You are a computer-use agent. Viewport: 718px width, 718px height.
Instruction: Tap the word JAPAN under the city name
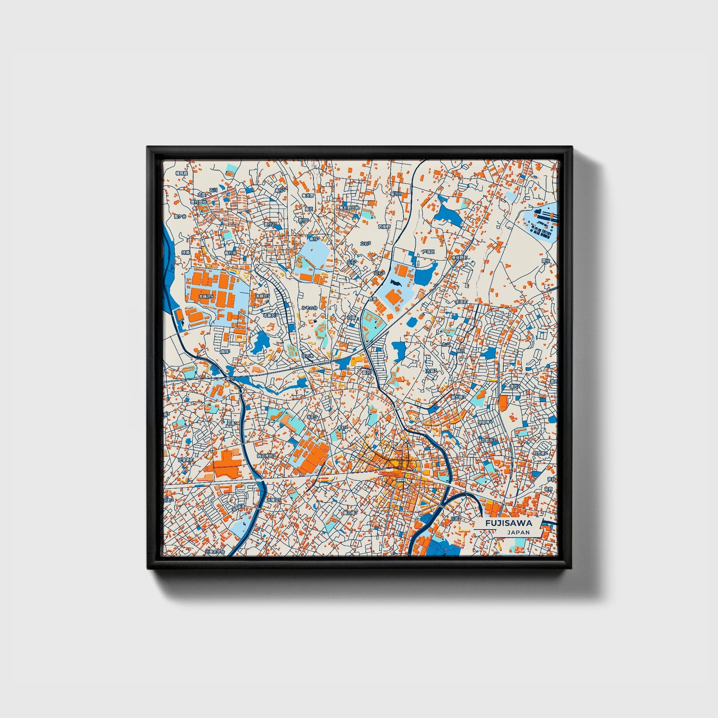tap(518, 532)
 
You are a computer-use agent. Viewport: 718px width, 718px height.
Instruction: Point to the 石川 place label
tap(213, 190)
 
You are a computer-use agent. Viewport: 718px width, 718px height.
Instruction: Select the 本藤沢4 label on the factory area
tap(206, 296)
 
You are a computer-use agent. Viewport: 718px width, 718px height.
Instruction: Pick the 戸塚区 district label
tap(428, 252)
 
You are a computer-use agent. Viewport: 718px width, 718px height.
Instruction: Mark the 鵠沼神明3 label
tap(265, 455)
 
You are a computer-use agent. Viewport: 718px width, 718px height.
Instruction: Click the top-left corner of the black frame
tap(148, 148)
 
